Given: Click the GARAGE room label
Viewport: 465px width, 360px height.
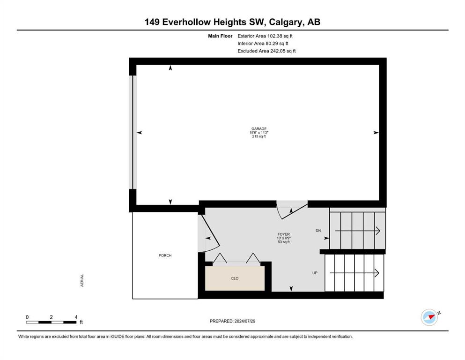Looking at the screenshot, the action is pos(259,129).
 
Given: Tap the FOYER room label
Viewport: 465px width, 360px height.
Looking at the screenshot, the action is pos(283,234).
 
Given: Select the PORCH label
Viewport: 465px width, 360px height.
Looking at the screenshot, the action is pos(165,255).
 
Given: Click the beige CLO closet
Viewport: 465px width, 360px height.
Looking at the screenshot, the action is pos(235,278).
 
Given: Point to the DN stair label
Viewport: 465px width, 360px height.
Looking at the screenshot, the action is pos(318,231).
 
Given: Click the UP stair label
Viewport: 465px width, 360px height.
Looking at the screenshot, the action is pos(315,273).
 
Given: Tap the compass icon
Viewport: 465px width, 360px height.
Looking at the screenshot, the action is pos(429,317).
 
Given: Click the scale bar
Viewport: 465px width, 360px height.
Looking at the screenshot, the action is pos(51,322).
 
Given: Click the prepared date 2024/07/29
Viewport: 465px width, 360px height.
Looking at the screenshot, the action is pos(245,321).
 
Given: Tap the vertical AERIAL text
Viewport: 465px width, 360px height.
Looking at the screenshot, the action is pos(82,280).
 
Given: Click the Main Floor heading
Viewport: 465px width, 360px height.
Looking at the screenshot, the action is pos(220,36).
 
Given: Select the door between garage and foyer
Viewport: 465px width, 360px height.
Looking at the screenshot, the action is pos(292,210).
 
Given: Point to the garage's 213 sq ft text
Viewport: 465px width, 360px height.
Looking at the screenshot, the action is pos(259,136).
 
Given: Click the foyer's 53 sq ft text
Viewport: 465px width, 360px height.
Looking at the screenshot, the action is pos(283,242).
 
